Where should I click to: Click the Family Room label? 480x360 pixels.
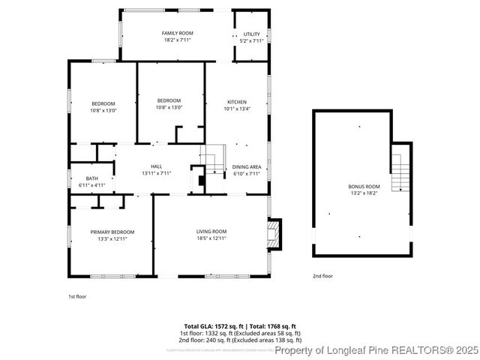(176, 34)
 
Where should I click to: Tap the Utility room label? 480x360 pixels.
(251, 34)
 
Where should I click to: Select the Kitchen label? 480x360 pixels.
(237, 102)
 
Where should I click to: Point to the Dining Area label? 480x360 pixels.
(246, 166)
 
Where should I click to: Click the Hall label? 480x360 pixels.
(156, 166)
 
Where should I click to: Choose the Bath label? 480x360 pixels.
(91, 178)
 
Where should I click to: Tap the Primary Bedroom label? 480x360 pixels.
(112, 232)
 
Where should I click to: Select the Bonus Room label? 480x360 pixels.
(364, 186)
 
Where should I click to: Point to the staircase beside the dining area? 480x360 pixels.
(214, 160)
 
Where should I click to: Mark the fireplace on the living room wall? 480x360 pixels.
(275, 233)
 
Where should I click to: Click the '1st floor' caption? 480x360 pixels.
(77, 296)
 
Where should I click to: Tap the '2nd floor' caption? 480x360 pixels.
(322, 276)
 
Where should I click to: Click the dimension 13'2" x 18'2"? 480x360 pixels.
(364, 193)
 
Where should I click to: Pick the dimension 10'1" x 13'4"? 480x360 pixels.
(237, 109)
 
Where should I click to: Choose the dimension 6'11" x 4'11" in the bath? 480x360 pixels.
(91, 185)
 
